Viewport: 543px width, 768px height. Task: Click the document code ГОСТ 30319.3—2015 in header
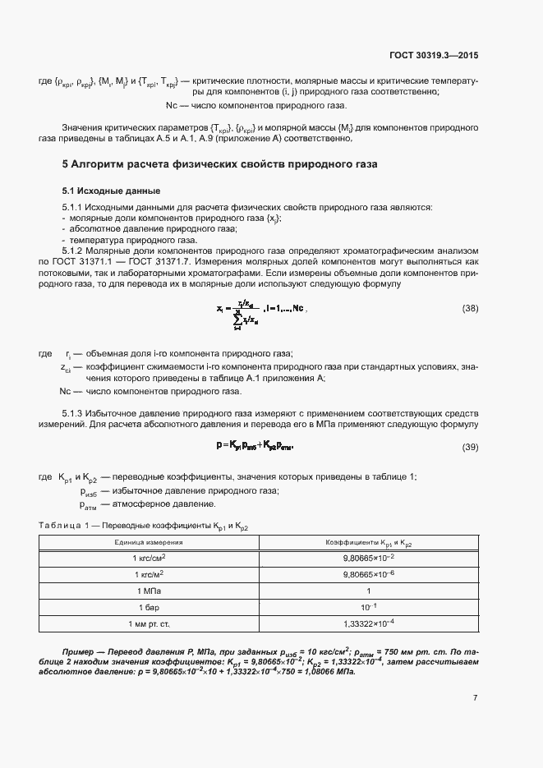(x=433, y=56)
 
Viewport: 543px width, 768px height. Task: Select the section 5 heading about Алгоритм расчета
(x=219, y=164)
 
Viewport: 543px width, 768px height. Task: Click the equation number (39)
(x=470, y=447)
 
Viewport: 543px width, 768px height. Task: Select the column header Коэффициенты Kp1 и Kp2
(x=369, y=544)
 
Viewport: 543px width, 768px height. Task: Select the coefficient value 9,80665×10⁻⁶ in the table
(x=369, y=574)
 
